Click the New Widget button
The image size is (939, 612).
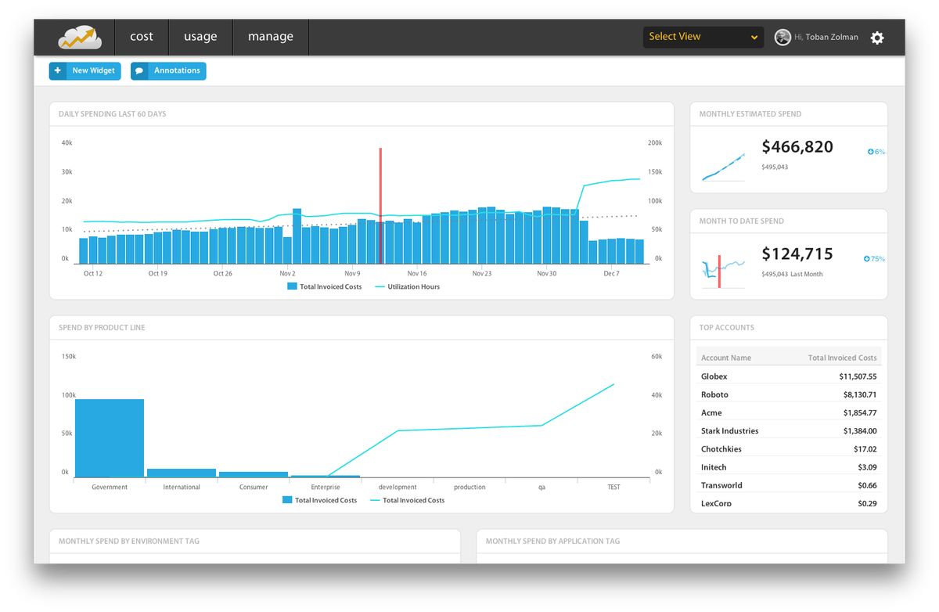pyautogui.click(x=85, y=70)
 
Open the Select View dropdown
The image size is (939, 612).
pyautogui.click(x=703, y=37)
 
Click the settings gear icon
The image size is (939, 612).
pyautogui.click(x=877, y=38)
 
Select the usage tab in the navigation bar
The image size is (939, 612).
pyautogui.click(x=200, y=37)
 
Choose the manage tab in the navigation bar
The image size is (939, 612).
pyautogui.click(x=271, y=37)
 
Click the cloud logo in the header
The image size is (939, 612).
pyautogui.click(x=81, y=37)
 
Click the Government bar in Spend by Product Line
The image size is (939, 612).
pyautogui.click(x=110, y=437)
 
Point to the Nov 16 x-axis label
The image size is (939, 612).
pyautogui.click(x=417, y=274)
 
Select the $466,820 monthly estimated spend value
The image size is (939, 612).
pyautogui.click(x=797, y=147)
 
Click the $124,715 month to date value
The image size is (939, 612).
pyautogui.click(x=797, y=254)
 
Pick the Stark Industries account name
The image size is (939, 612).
pyautogui.click(x=729, y=431)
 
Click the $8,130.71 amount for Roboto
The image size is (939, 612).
pyautogui.click(x=858, y=395)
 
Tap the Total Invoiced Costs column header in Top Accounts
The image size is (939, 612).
pyautogui.click(x=842, y=358)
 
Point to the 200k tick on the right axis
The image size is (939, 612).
pyautogui.click(x=654, y=143)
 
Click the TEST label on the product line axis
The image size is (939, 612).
pyautogui.click(x=613, y=488)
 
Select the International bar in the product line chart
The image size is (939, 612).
pyautogui.click(x=182, y=473)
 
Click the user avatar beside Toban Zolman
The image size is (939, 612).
pyautogui.click(x=782, y=38)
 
